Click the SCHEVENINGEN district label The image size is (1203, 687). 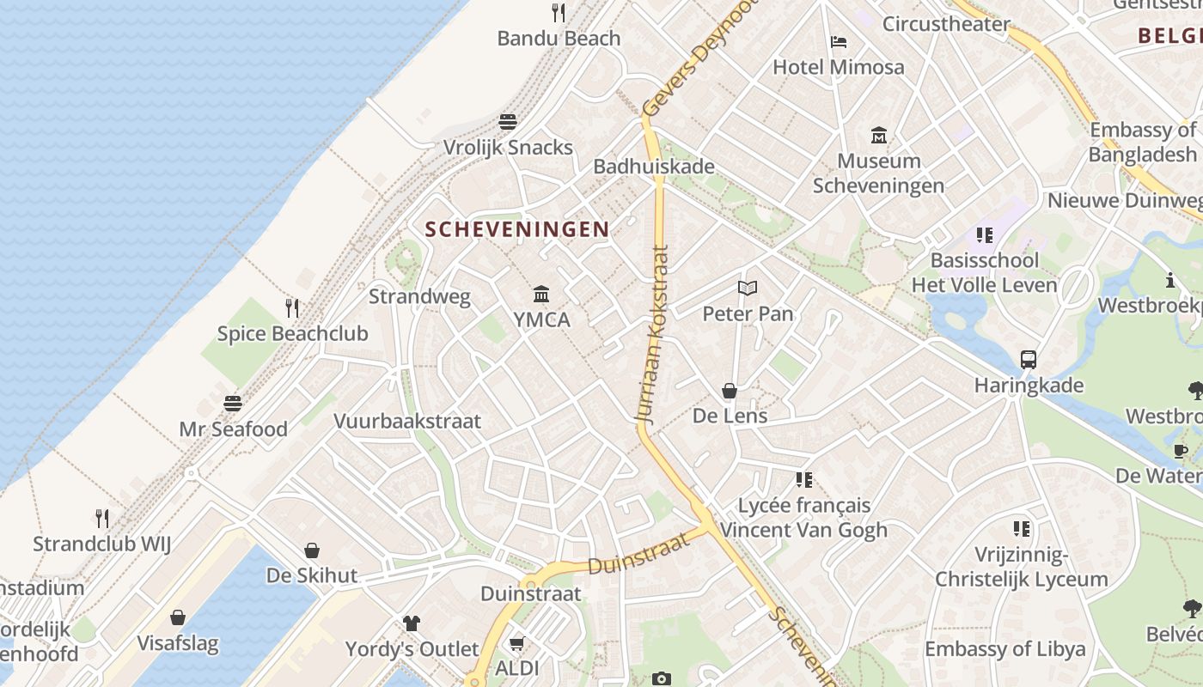coord(517,229)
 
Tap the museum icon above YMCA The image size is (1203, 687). coord(541,295)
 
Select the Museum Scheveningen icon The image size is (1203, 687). coord(879,135)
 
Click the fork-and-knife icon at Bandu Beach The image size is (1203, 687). coord(559,12)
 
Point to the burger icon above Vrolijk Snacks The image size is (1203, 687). coord(508,121)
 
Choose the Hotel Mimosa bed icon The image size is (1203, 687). coord(839,42)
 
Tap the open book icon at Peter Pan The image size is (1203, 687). coord(748,289)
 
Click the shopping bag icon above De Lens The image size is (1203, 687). coord(730,392)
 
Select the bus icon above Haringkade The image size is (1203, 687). coord(1029,360)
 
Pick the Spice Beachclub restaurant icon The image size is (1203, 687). coord(292,307)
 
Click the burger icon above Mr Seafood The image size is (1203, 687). coord(233,403)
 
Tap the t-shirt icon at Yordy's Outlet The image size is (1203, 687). coord(412,623)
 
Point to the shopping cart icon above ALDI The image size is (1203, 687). coord(516,643)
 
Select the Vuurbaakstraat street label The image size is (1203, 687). coord(407,422)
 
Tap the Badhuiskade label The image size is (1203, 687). coord(654,166)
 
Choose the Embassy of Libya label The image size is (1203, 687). coord(1005,649)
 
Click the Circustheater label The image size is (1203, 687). coord(946,24)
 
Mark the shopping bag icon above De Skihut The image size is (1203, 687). coord(312,550)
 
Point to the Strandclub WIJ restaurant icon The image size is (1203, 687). coord(102,518)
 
